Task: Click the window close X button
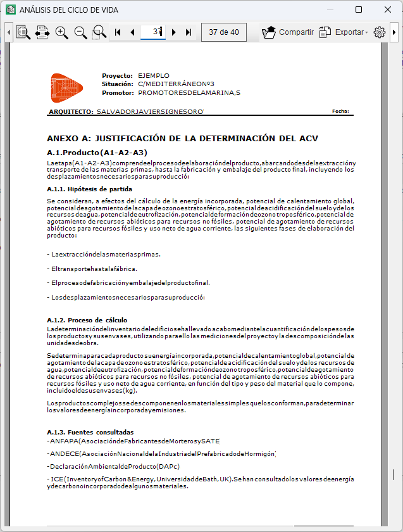[x=388, y=10]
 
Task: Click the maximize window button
[x=359, y=10]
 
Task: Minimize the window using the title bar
[x=330, y=10]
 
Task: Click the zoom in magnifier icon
[x=61, y=32]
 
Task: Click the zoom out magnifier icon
[x=80, y=32]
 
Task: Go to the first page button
[x=118, y=32]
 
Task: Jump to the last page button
[x=188, y=32]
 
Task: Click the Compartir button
[x=288, y=32]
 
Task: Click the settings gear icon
[x=380, y=32]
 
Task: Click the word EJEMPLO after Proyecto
[x=154, y=75]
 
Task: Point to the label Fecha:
[x=340, y=111]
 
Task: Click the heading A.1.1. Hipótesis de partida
[x=89, y=189]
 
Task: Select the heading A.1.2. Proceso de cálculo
[x=87, y=320]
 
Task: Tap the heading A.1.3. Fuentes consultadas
[x=91, y=432]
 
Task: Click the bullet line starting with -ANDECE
[x=161, y=453]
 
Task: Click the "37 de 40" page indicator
[x=224, y=32]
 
